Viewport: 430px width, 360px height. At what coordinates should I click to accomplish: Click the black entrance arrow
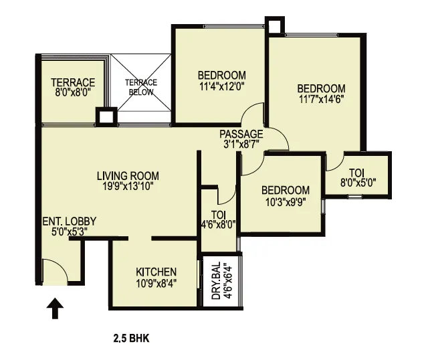55,308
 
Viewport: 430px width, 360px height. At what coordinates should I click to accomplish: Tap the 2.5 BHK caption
132,339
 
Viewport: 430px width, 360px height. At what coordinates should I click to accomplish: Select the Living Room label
128,176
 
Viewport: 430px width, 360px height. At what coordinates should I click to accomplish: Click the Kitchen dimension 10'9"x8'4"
156,283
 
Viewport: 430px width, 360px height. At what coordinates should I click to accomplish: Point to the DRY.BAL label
216,280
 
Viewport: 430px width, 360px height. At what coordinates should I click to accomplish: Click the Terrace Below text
141,87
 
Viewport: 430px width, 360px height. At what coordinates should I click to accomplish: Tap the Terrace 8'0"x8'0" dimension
73,92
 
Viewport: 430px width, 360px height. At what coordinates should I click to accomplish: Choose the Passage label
241,134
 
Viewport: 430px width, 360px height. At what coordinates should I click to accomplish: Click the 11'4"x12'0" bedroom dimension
222,86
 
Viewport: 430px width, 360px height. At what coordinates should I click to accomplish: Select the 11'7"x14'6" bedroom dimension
322,99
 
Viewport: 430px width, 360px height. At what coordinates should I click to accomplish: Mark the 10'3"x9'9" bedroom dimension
286,202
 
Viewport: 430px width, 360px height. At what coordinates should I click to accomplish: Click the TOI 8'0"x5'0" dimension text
358,182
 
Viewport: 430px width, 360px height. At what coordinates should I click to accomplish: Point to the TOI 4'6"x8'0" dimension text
219,225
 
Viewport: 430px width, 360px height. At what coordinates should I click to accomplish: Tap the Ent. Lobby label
70,221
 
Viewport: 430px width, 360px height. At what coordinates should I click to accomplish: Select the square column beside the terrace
106,116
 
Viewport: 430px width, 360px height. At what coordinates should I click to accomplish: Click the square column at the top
275,26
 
